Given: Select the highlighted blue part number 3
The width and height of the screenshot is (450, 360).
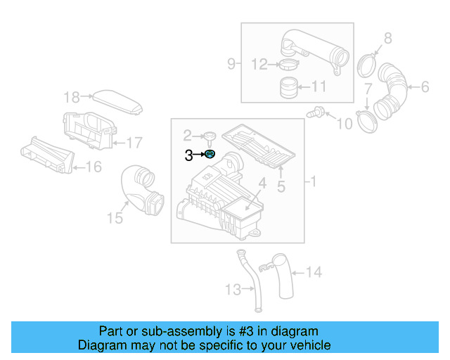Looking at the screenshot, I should tap(209, 155).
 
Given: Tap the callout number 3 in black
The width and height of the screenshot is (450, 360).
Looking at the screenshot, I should tap(188, 155).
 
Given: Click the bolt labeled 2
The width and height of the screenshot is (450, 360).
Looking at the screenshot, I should tap(209, 136).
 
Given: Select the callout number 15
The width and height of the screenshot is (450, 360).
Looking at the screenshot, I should tap(115, 219).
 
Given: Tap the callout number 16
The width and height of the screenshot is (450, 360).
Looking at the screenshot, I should tap(93, 167).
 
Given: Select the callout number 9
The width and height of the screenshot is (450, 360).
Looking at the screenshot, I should tap(231, 65).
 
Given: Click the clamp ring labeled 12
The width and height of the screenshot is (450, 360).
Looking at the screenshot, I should tap(287, 65).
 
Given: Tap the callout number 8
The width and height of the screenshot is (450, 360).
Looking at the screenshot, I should tap(387, 39).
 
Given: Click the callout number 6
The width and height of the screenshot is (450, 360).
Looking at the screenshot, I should tap(424, 87).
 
